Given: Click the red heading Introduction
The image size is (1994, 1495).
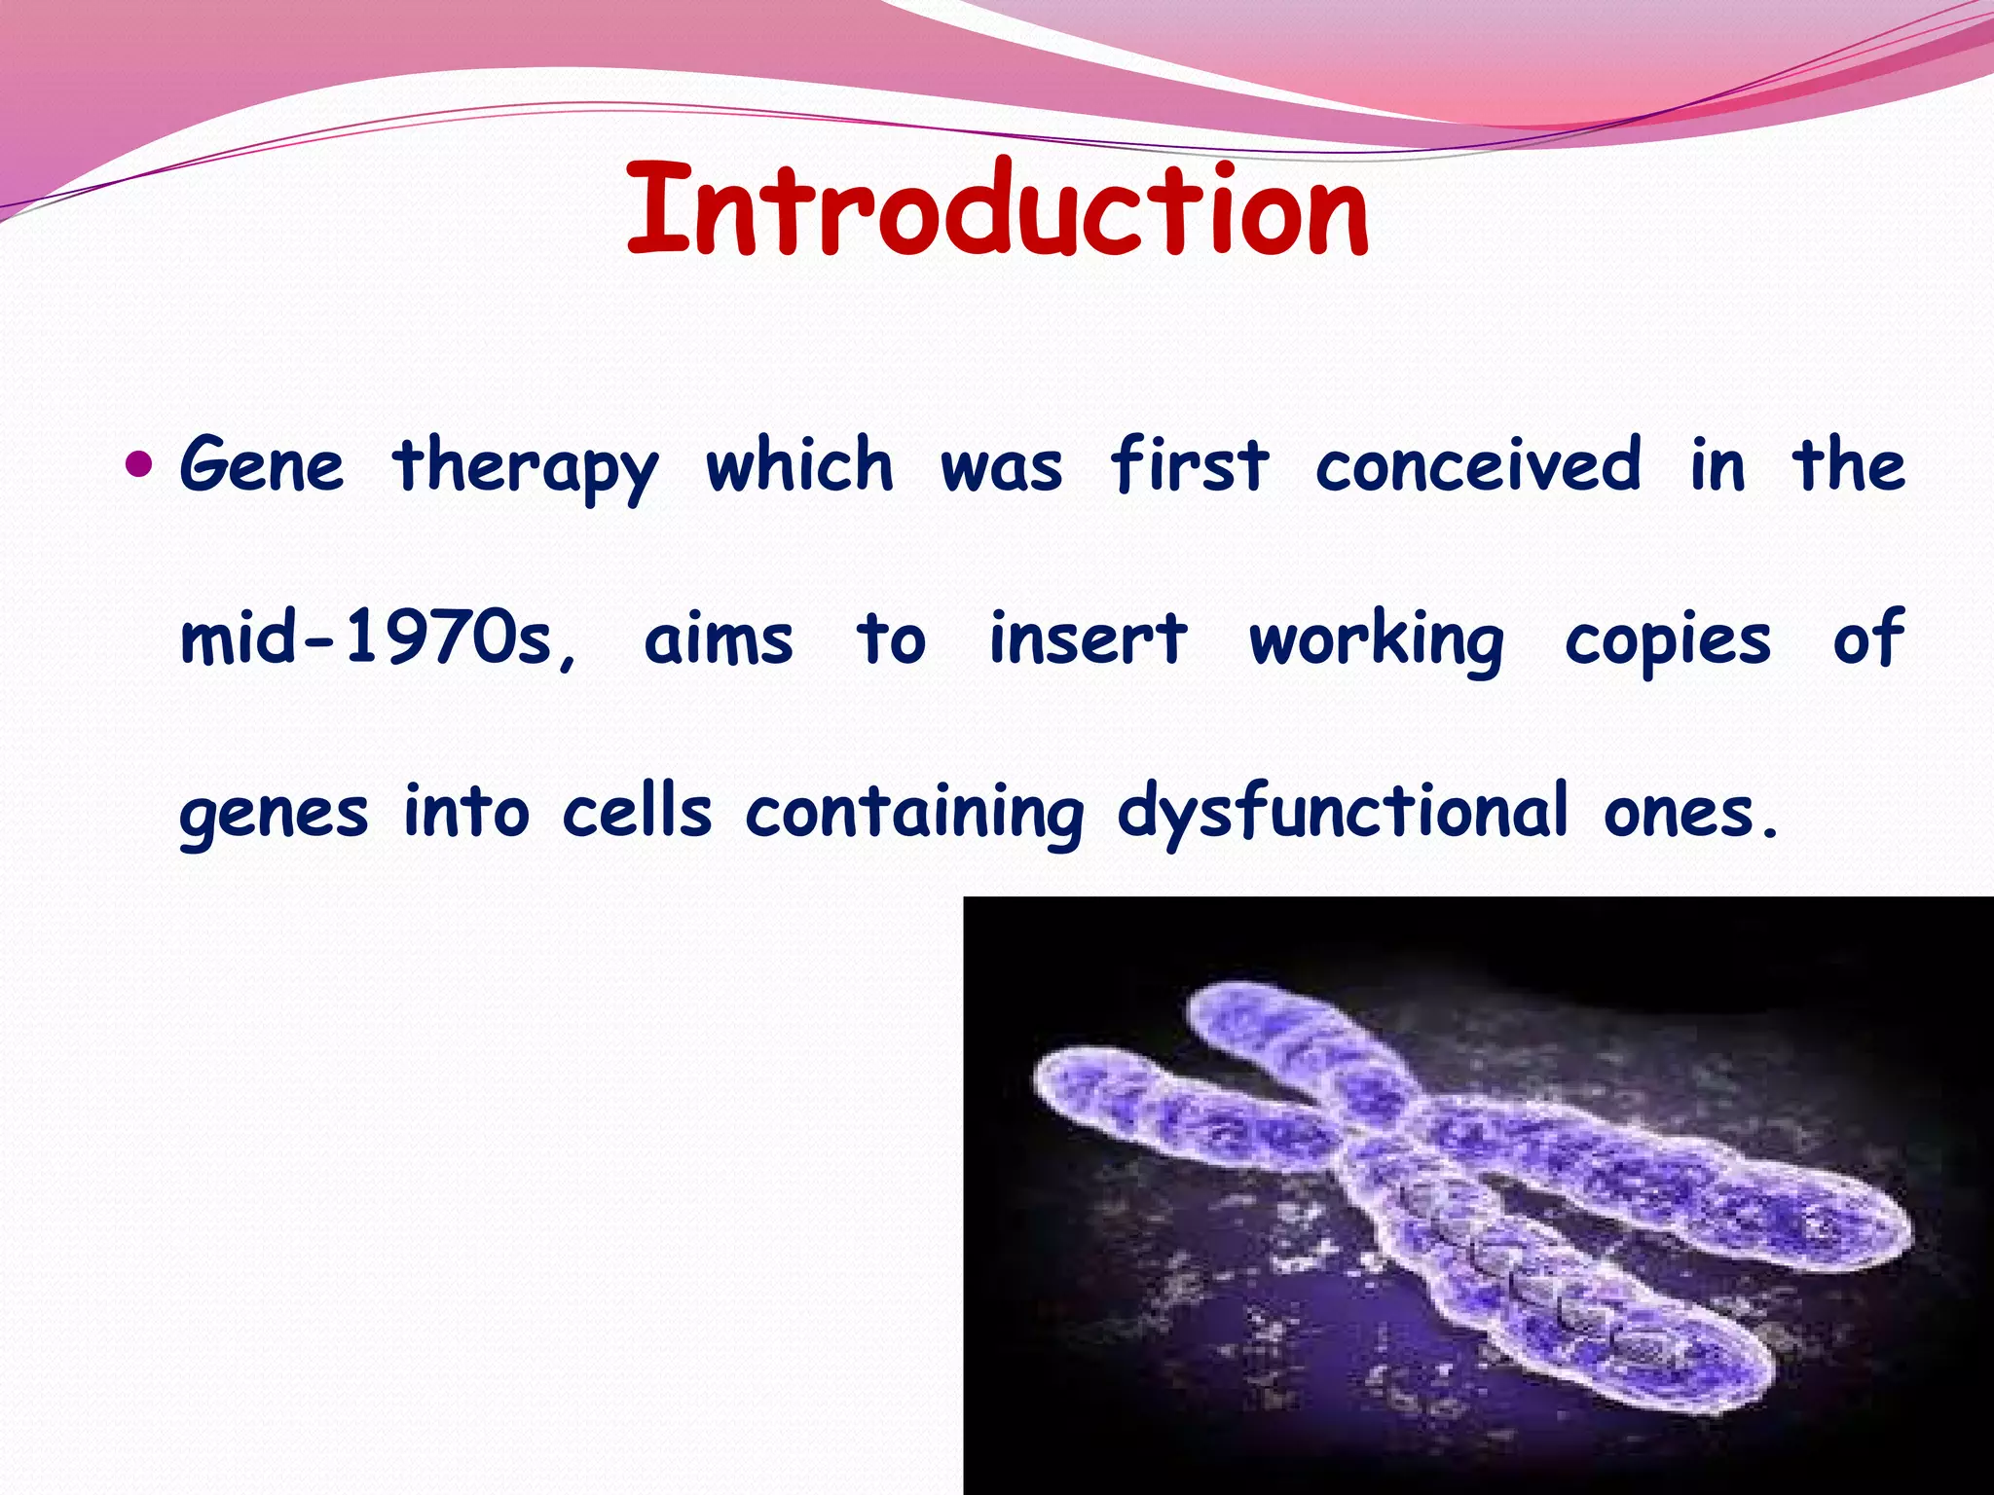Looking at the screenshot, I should click(997, 209).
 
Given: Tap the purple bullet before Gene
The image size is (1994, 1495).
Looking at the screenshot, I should click(140, 463).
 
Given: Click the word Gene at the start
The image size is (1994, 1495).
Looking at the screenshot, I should click(262, 465).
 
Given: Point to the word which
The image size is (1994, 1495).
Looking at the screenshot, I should click(798, 465).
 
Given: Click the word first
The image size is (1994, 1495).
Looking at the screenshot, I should click(1189, 465).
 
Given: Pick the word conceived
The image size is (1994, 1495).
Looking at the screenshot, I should click(1478, 465).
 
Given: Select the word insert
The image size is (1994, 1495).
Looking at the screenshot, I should click(1088, 639).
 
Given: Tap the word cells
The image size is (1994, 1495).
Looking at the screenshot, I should click(637, 811).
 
